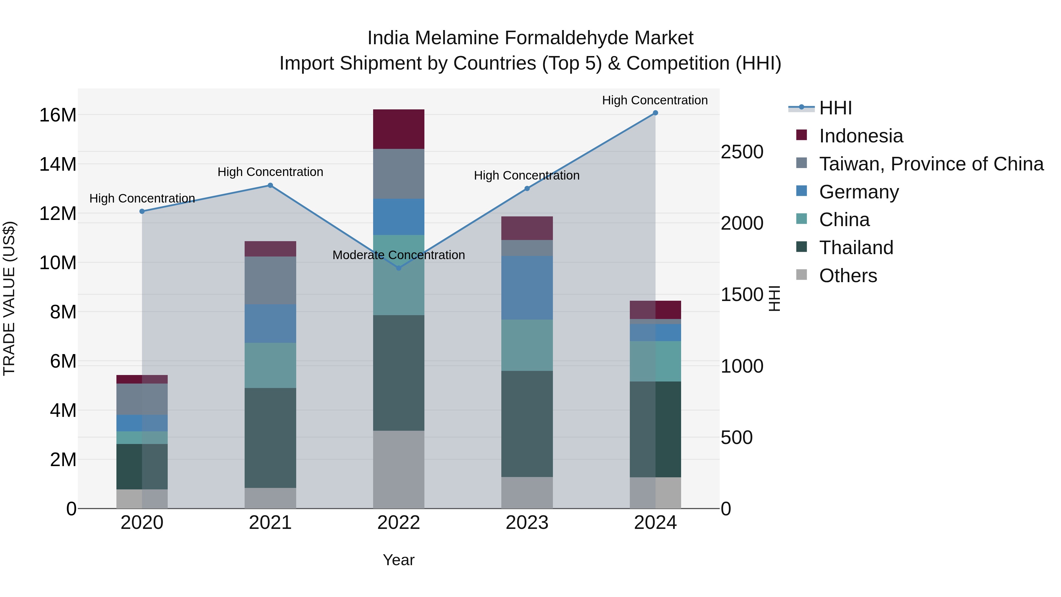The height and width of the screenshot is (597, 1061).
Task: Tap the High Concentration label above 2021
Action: tap(270, 172)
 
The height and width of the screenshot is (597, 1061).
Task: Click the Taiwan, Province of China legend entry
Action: tap(931, 164)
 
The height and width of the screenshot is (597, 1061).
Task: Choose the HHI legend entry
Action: tap(835, 108)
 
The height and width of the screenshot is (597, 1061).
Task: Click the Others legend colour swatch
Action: tap(802, 275)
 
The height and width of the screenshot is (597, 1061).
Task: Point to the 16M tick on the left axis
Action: tap(58, 115)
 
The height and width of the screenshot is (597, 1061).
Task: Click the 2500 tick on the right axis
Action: tap(742, 152)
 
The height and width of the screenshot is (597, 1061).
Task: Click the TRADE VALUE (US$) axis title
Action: tap(9, 298)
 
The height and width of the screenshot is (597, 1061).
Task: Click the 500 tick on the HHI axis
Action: tap(737, 438)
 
